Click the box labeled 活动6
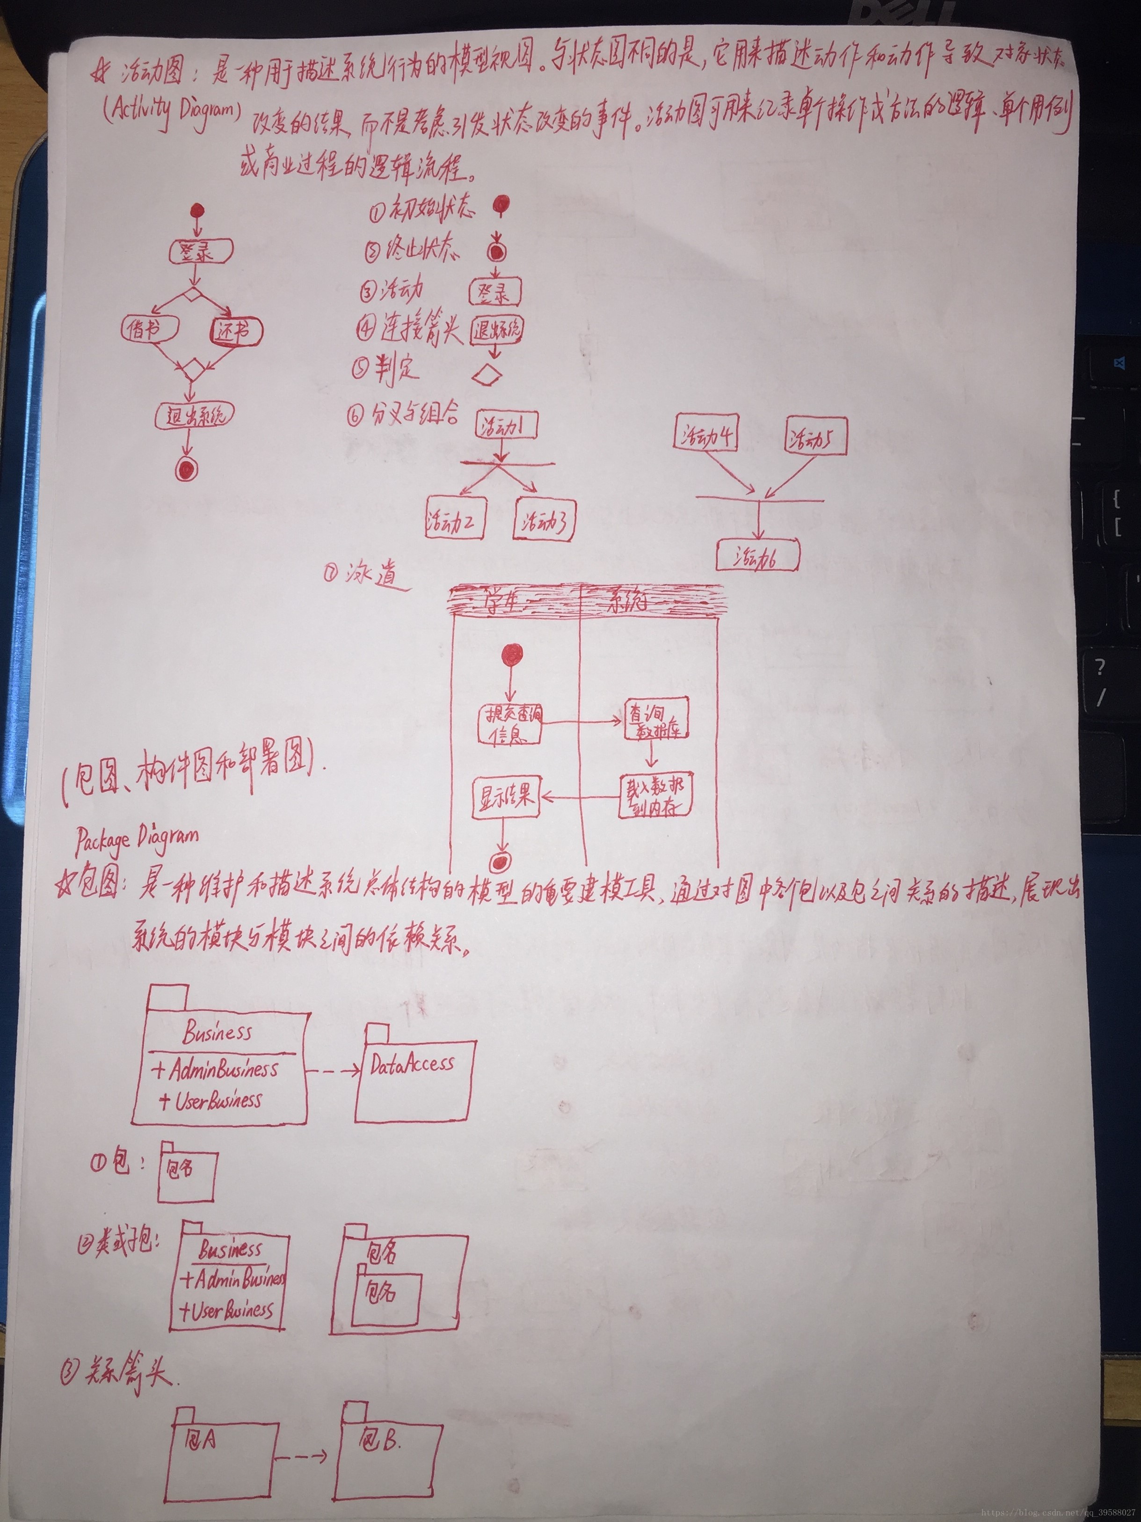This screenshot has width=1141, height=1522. [x=757, y=556]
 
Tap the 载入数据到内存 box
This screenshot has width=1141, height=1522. [x=654, y=797]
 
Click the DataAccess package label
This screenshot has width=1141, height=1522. [x=412, y=1064]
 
